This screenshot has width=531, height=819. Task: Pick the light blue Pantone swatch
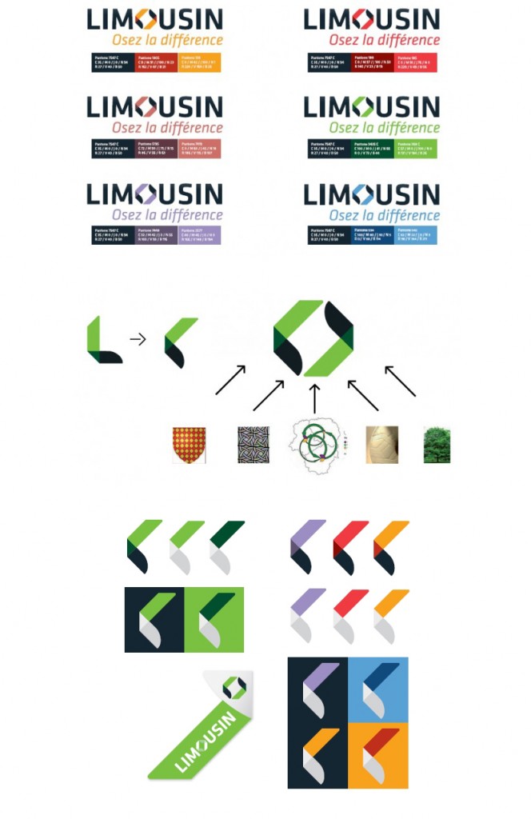pos(416,234)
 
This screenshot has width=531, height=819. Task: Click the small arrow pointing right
pos(138,339)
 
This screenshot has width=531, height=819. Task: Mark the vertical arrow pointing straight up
pos(314,398)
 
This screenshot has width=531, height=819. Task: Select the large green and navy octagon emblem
pos(313,338)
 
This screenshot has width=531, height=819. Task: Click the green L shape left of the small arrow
pos(102,341)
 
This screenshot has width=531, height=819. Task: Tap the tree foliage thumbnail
pos(437,445)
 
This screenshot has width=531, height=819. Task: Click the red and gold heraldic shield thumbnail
pos(189,445)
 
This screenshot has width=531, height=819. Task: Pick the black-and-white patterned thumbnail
pos(254,445)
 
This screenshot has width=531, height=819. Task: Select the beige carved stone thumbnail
pos(381,445)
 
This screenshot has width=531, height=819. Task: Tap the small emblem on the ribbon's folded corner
pos(234,686)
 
